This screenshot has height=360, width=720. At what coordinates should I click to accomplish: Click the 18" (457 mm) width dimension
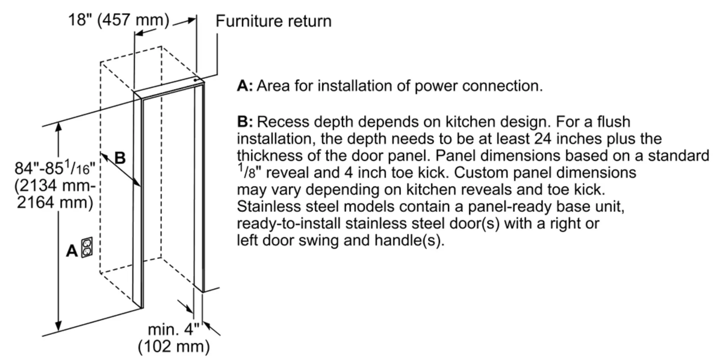point(119,20)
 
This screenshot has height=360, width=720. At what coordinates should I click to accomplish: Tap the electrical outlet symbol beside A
point(87,247)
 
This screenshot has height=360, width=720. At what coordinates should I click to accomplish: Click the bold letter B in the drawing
point(120,158)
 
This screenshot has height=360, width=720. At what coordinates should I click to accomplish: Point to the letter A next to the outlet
point(72,251)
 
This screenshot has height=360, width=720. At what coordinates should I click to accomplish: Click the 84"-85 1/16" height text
point(55,168)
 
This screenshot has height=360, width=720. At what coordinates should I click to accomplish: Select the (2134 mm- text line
point(55,186)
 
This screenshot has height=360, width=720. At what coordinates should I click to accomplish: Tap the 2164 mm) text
point(55,203)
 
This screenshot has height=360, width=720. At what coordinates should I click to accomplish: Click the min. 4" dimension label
point(174,329)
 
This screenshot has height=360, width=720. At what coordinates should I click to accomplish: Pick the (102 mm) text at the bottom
point(174,346)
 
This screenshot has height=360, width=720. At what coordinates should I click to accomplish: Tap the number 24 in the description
point(543,139)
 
